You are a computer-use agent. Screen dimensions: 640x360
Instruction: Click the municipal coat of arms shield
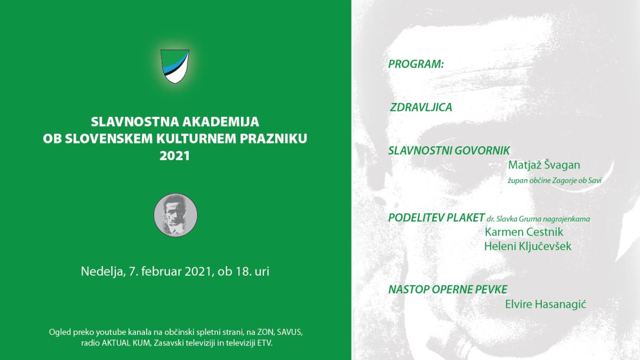175,66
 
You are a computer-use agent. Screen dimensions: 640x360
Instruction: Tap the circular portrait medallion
175,215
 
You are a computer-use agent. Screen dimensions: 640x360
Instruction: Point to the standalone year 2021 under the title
175,156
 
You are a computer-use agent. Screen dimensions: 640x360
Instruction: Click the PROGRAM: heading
416,64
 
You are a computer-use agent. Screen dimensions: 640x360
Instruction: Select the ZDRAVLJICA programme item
421,107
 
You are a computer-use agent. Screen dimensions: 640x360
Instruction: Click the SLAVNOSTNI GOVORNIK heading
449,150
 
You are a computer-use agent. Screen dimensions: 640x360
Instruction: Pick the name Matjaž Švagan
544,165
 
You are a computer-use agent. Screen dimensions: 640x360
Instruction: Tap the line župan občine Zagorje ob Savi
554,181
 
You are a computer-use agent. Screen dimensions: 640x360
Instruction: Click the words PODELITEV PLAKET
436,218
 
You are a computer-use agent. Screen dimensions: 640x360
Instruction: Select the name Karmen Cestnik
524,231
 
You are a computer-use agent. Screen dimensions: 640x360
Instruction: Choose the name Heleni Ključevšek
527,246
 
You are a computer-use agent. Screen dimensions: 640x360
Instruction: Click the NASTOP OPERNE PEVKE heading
447,290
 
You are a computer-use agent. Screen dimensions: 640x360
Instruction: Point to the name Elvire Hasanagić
546,304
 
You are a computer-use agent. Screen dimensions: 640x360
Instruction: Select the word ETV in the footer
263,343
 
